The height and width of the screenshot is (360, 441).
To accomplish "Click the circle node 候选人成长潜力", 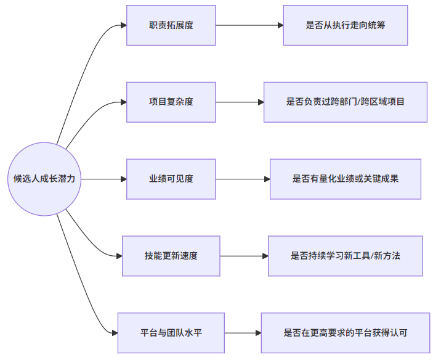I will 44,179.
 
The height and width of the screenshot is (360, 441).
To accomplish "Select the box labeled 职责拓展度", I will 171,25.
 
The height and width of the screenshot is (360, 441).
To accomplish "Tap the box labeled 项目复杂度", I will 171,102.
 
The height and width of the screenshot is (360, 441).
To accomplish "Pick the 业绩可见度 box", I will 171,179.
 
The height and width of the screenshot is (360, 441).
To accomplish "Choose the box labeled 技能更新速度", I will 171,256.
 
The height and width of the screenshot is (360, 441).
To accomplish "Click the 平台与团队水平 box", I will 171,333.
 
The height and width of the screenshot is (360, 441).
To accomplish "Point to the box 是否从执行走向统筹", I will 346,25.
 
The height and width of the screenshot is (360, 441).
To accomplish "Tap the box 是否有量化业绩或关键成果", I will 346,179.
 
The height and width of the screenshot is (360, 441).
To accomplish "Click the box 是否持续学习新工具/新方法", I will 346,256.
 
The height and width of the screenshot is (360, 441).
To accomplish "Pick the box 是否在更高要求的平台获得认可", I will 346,333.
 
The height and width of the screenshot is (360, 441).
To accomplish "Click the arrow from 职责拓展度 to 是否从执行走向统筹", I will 249,25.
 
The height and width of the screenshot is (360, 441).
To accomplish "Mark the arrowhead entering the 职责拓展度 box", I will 123,25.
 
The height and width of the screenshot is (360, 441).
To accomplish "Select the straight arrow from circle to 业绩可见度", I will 103,179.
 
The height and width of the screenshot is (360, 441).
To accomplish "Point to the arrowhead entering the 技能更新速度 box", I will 119,256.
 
